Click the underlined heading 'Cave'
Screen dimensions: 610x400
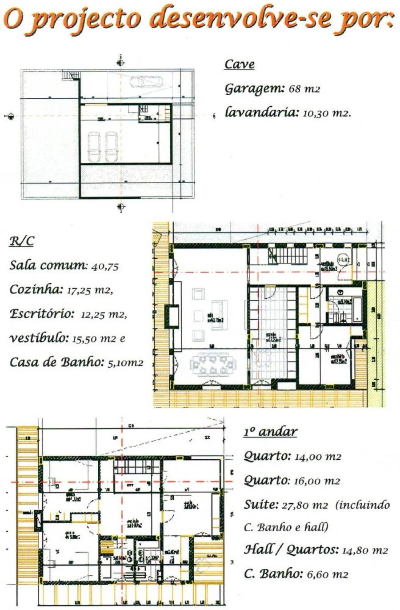coord(240,64)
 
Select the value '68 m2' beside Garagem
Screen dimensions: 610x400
coord(304,89)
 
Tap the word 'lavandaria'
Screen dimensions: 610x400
coord(261,112)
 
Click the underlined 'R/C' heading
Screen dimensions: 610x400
coord(21,241)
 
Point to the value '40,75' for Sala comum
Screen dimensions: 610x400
coord(105,267)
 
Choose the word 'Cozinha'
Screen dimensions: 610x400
coord(36,290)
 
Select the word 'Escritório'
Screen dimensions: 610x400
coord(41,314)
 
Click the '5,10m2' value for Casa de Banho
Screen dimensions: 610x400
coord(126,363)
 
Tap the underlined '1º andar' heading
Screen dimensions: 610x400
coord(270,432)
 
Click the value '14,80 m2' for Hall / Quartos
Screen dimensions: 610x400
coord(365,550)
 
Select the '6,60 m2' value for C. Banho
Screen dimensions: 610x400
coord(328,574)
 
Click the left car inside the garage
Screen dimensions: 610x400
coord(95,147)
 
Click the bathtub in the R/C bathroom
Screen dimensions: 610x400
coord(357,310)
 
